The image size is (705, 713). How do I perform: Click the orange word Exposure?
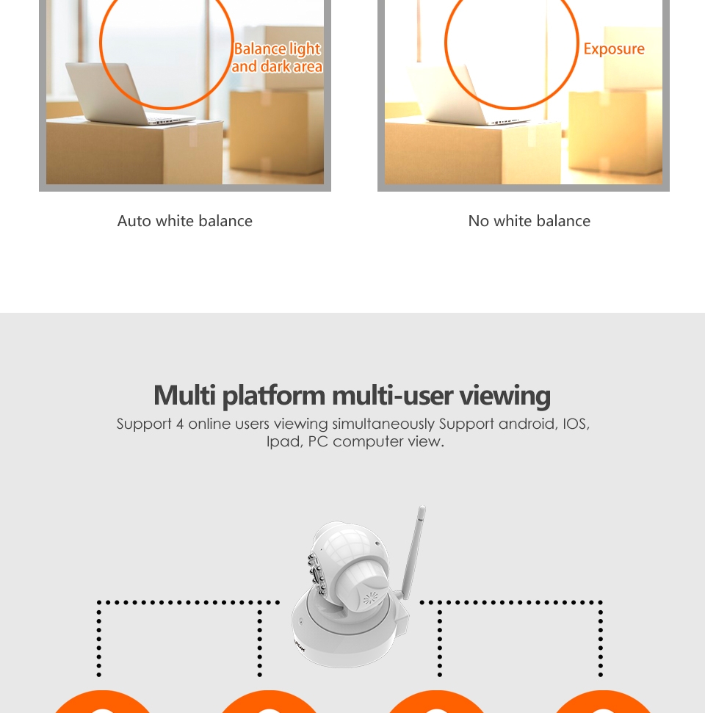click(x=614, y=49)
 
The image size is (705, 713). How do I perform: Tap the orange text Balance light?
click(x=278, y=48)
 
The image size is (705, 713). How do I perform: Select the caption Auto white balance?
click(x=184, y=221)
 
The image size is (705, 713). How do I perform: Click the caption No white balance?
click(x=529, y=221)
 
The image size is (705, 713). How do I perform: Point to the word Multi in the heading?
click(x=184, y=395)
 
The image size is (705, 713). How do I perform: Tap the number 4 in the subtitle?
click(x=180, y=424)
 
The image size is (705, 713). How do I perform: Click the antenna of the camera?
click(x=413, y=552)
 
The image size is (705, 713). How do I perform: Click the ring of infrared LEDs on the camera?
click(x=317, y=574)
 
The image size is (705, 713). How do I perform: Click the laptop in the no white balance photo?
click(x=465, y=94)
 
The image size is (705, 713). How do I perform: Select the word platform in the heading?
click(x=273, y=396)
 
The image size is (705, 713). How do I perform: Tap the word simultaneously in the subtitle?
click(x=383, y=424)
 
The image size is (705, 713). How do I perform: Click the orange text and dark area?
click(x=277, y=66)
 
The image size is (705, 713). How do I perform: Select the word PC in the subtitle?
click(x=318, y=441)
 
